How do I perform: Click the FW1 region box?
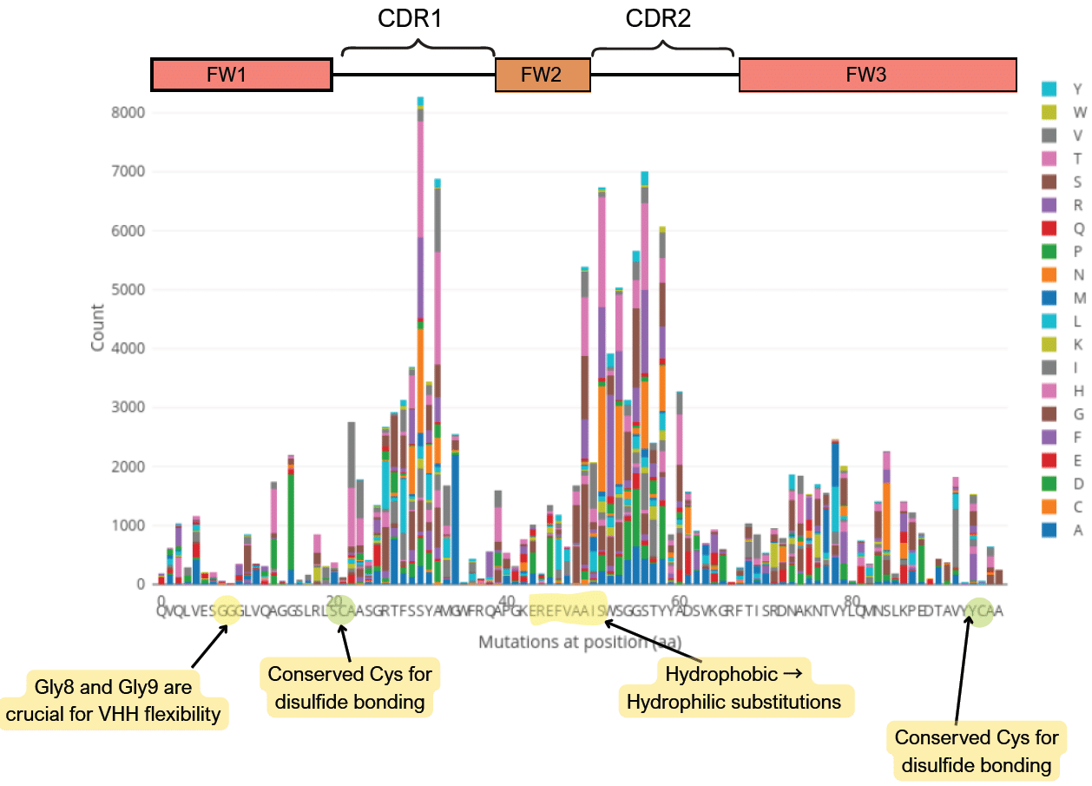click(x=242, y=76)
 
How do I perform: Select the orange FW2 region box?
click(x=543, y=76)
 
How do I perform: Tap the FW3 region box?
click(x=877, y=76)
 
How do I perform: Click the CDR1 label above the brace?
click(x=410, y=19)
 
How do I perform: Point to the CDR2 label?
click(x=658, y=19)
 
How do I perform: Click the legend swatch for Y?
click(x=1049, y=89)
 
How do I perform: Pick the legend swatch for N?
click(x=1049, y=276)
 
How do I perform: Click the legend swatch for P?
click(x=1049, y=253)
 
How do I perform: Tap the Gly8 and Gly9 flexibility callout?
click(x=114, y=700)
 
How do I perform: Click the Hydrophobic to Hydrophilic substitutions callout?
click(x=737, y=686)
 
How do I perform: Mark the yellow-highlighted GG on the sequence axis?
click(x=227, y=611)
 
